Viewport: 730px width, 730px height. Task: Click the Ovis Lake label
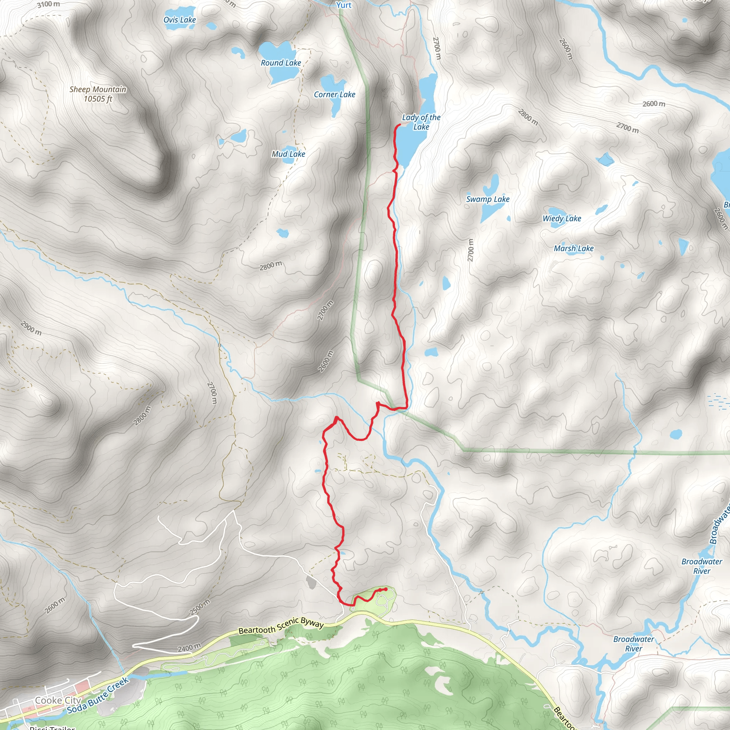coord(180,20)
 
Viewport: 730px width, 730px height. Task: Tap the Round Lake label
coord(281,63)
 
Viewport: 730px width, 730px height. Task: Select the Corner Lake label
coord(334,94)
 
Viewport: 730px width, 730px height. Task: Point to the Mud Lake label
coord(288,154)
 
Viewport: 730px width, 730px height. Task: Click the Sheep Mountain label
coord(98,89)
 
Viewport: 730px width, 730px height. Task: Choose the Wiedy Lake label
coord(561,219)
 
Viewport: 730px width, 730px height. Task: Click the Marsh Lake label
coord(573,248)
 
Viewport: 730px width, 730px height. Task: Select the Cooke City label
coord(58,700)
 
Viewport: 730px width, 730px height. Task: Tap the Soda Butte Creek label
coord(98,696)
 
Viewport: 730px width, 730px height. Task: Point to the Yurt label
coord(344,5)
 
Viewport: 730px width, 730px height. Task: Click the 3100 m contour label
coord(48,5)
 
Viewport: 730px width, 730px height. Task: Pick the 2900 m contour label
coord(31,328)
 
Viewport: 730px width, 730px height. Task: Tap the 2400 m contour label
coord(189,648)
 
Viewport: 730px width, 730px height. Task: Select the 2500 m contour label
coord(200,607)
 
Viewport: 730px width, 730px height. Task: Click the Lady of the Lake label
coord(421,122)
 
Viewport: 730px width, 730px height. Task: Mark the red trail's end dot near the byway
coord(385,589)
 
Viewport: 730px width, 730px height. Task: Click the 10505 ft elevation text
coord(98,99)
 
